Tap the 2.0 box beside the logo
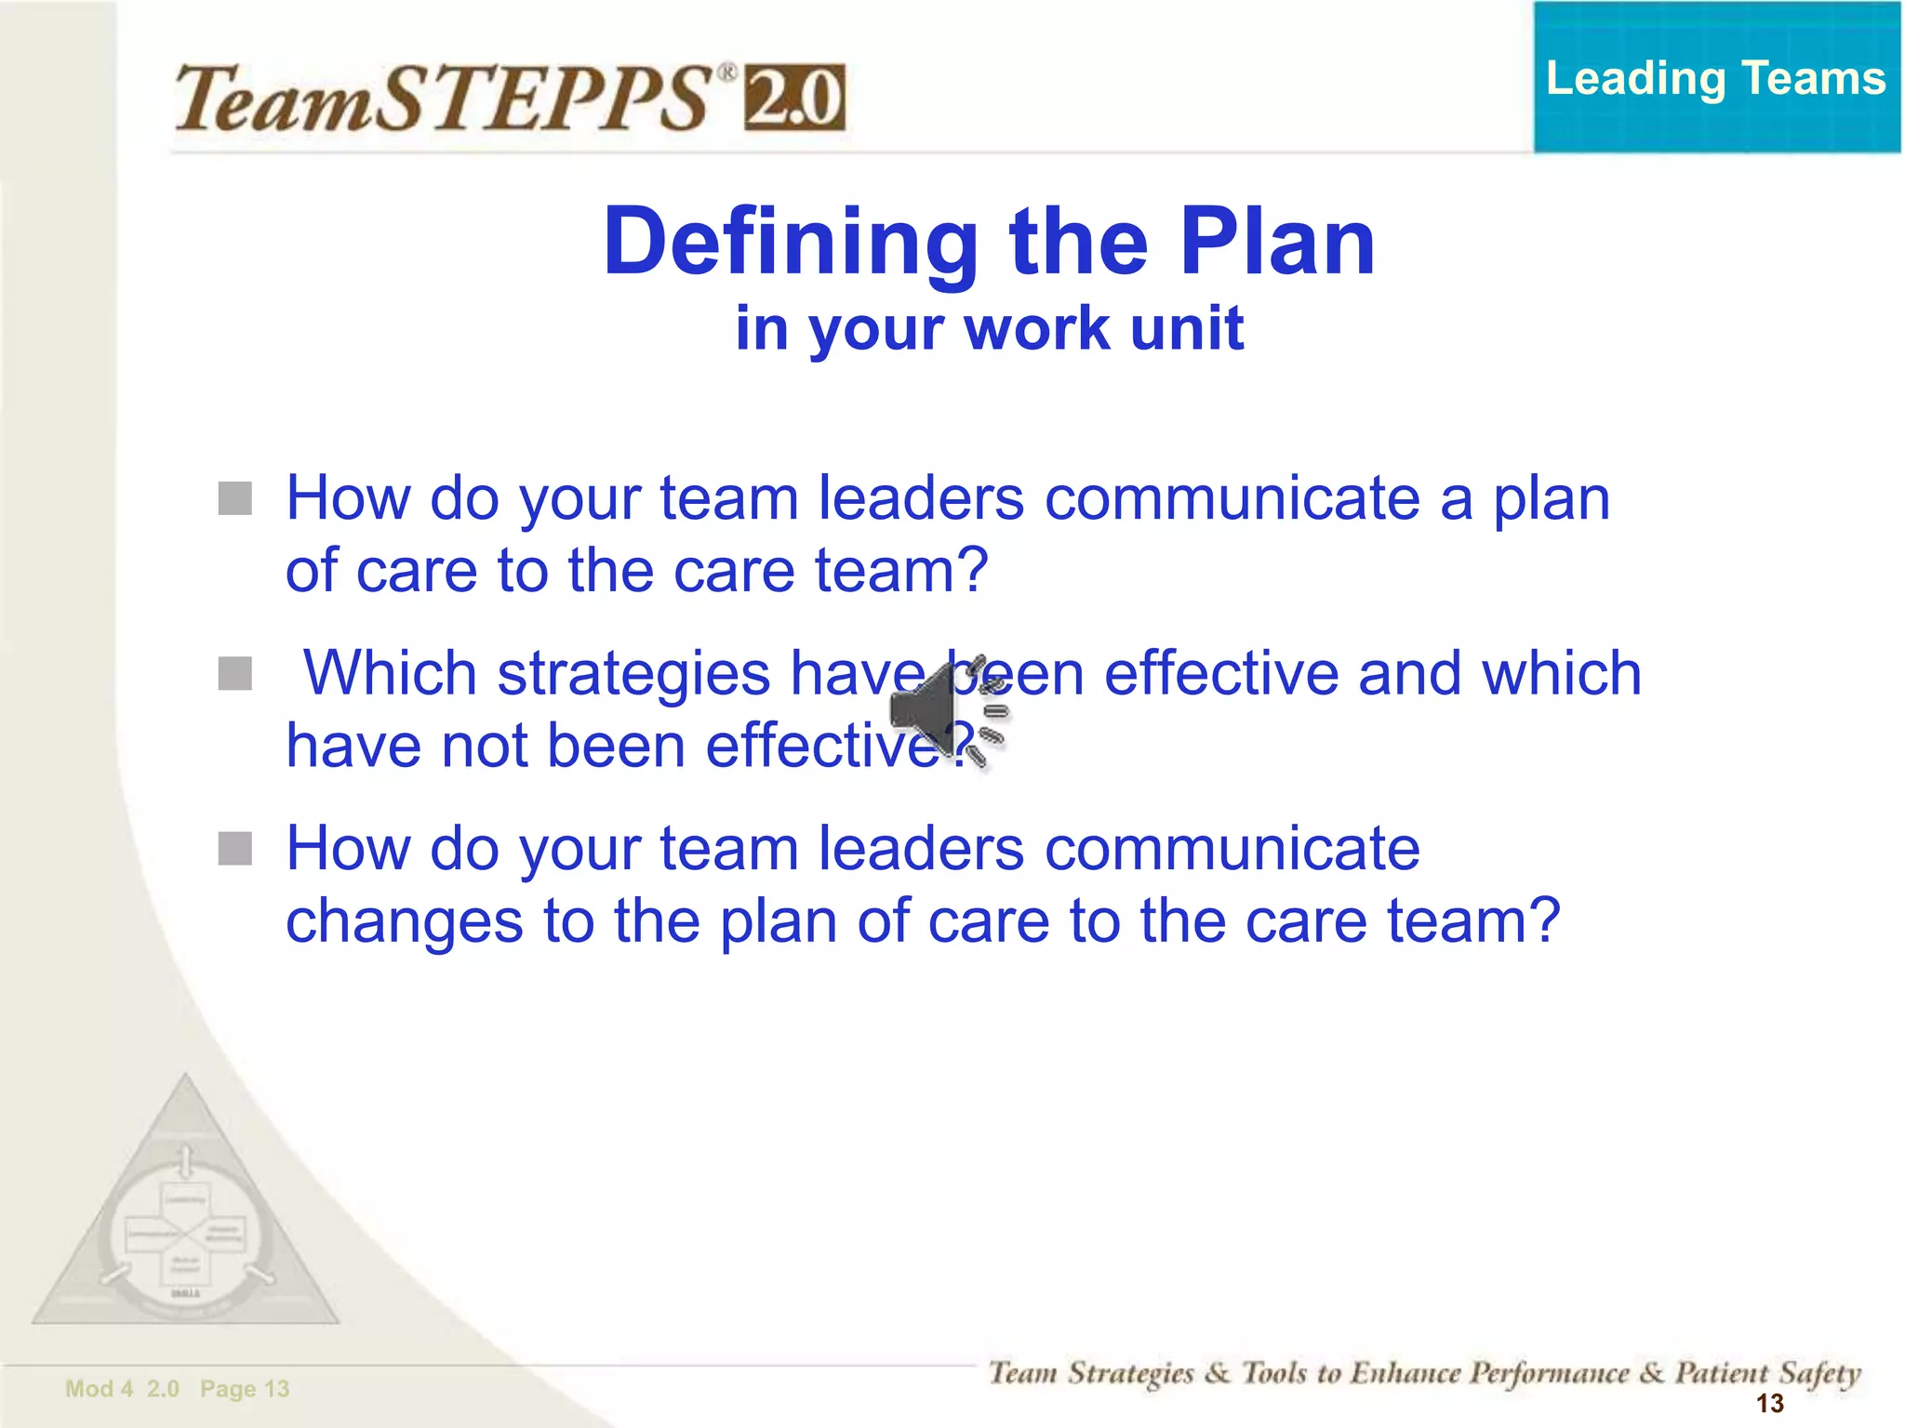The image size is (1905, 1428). click(x=793, y=99)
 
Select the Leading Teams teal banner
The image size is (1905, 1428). click(x=1715, y=78)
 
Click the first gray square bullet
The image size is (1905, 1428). click(x=234, y=498)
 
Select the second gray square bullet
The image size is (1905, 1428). click(x=234, y=674)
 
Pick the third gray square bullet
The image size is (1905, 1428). click(x=234, y=849)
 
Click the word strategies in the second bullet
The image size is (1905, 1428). click(x=633, y=674)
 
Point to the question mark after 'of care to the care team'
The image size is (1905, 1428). click(x=970, y=570)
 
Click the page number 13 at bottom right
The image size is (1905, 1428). click(x=1769, y=1403)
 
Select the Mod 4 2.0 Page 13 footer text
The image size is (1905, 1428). click(x=177, y=1389)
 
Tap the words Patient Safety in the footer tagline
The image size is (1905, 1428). click(x=1766, y=1373)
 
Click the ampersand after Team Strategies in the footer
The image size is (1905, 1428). click(x=1217, y=1373)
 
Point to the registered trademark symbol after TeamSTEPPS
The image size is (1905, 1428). click(x=727, y=72)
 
